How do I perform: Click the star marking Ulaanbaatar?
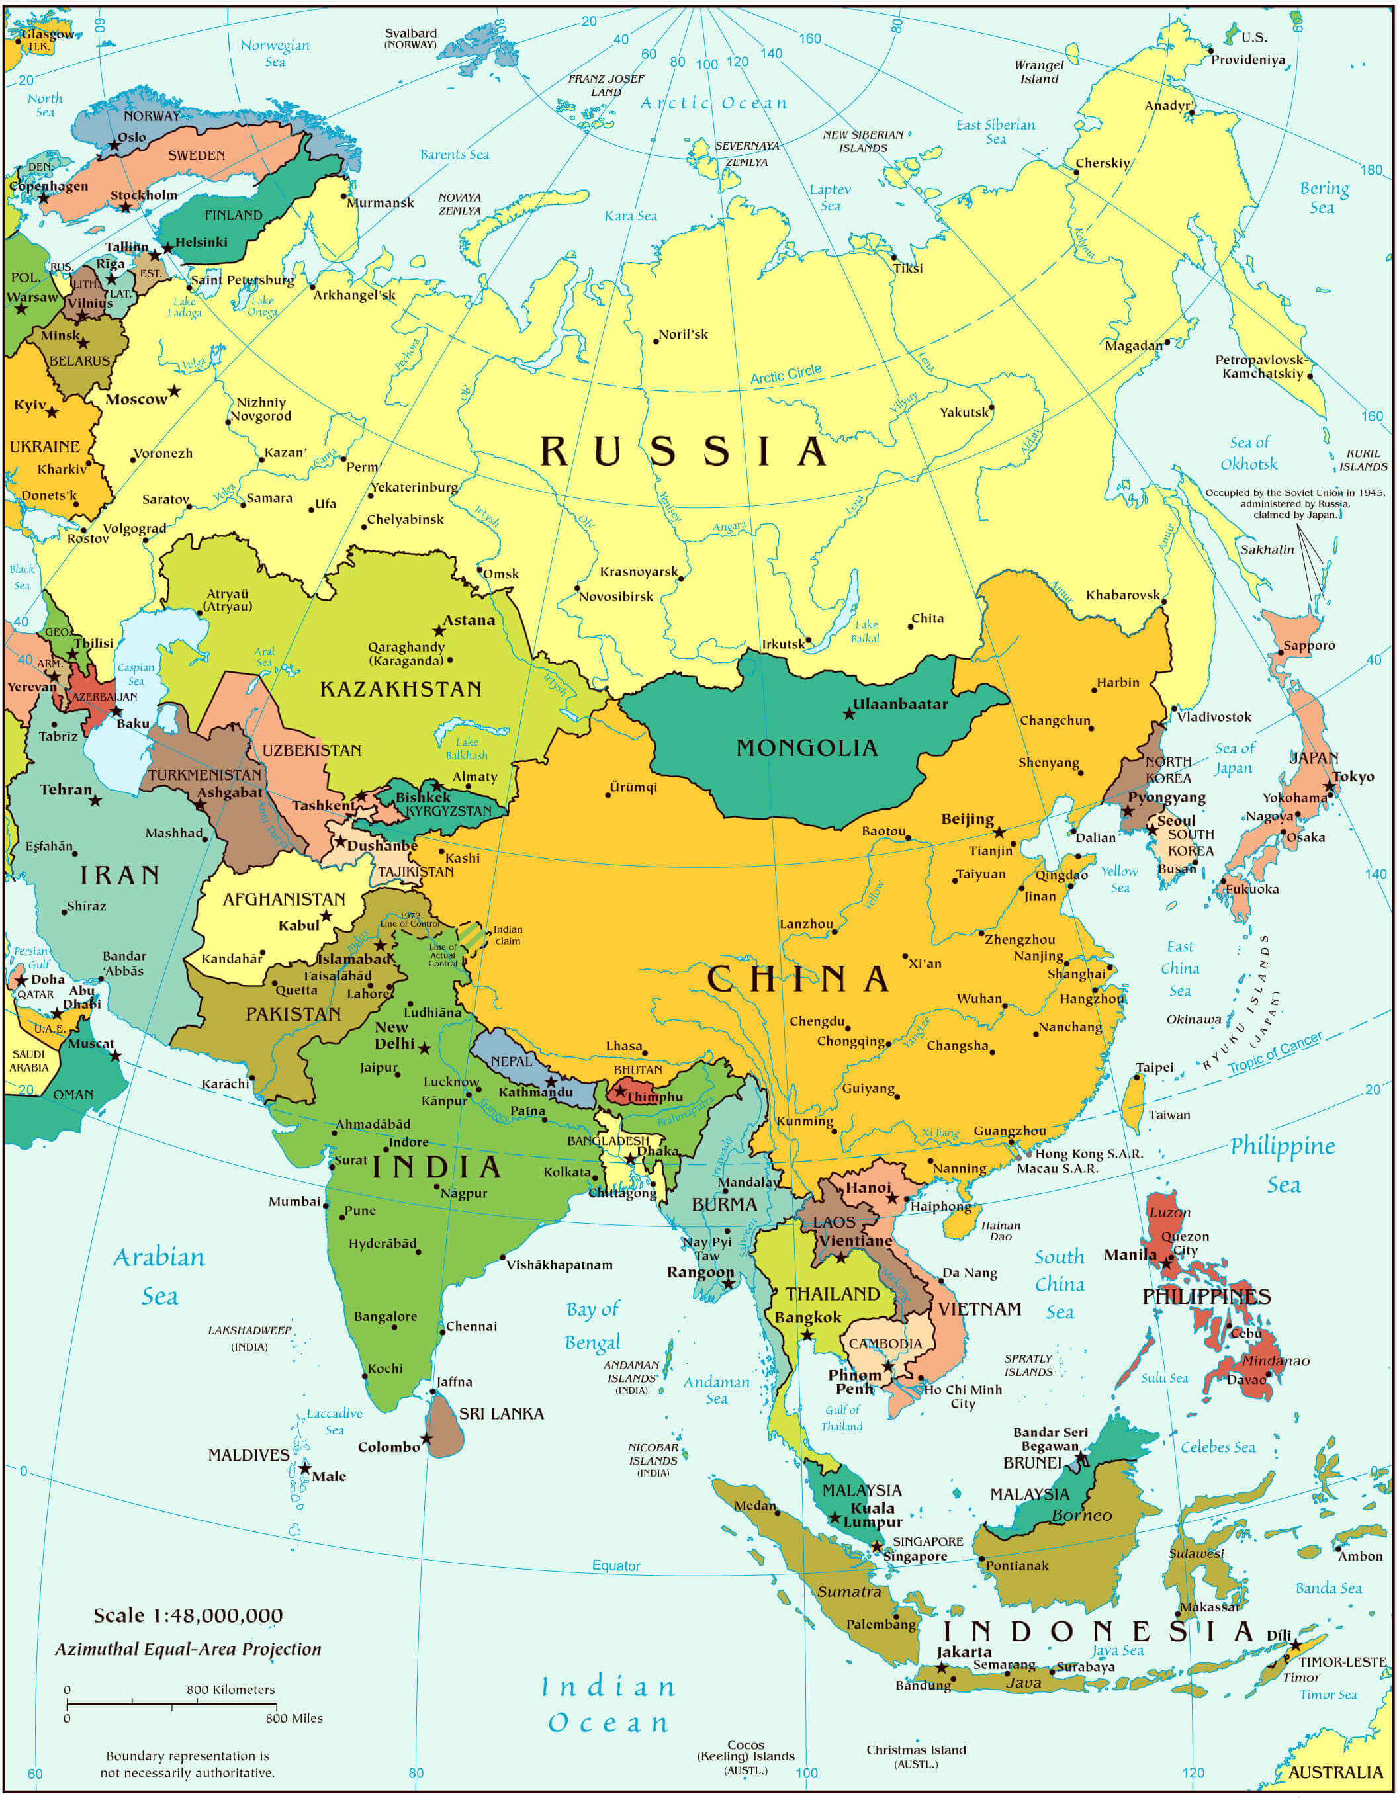click(849, 714)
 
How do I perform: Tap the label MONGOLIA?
click(806, 748)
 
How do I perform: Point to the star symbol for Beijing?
click(999, 832)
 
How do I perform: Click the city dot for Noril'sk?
click(655, 341)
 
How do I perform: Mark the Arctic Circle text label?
click(786, 374)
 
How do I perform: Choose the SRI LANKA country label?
click(501, 1414)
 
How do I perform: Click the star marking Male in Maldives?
click(304, 1468)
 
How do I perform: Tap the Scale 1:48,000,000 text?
click(188, 1615)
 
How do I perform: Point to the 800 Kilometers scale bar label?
click(230, 1690)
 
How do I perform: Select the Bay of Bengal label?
click(593, 1326)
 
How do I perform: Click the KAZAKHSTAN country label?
click(400, 689)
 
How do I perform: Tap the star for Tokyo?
click(1329, 787)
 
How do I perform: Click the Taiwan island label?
click(1169, 1115)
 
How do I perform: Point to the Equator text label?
click(616, 1565)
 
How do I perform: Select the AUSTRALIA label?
click(1335, 1772)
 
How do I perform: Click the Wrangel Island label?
click(1039, 71)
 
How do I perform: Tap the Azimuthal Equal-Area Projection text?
click(188, 1649)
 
